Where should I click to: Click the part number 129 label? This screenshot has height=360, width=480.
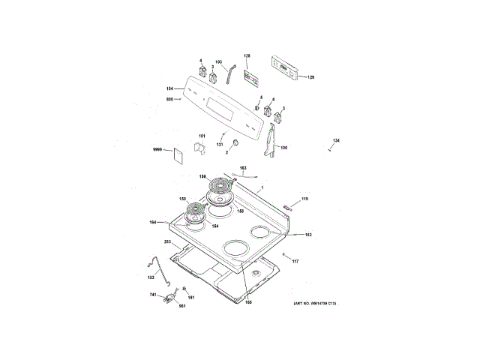coord(310,77)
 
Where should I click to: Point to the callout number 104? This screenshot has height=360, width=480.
coord(169,88)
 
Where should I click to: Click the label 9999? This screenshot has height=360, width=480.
coord(157,150)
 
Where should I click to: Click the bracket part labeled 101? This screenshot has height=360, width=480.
coord(200,146)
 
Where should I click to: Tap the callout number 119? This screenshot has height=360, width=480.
coord(305,198)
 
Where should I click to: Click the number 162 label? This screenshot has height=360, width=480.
coord(307,235)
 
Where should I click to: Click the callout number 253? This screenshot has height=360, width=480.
coord(167,242)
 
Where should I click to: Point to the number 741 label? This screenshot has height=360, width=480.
coord(152,297)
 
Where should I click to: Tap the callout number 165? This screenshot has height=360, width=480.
coord(248,301)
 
